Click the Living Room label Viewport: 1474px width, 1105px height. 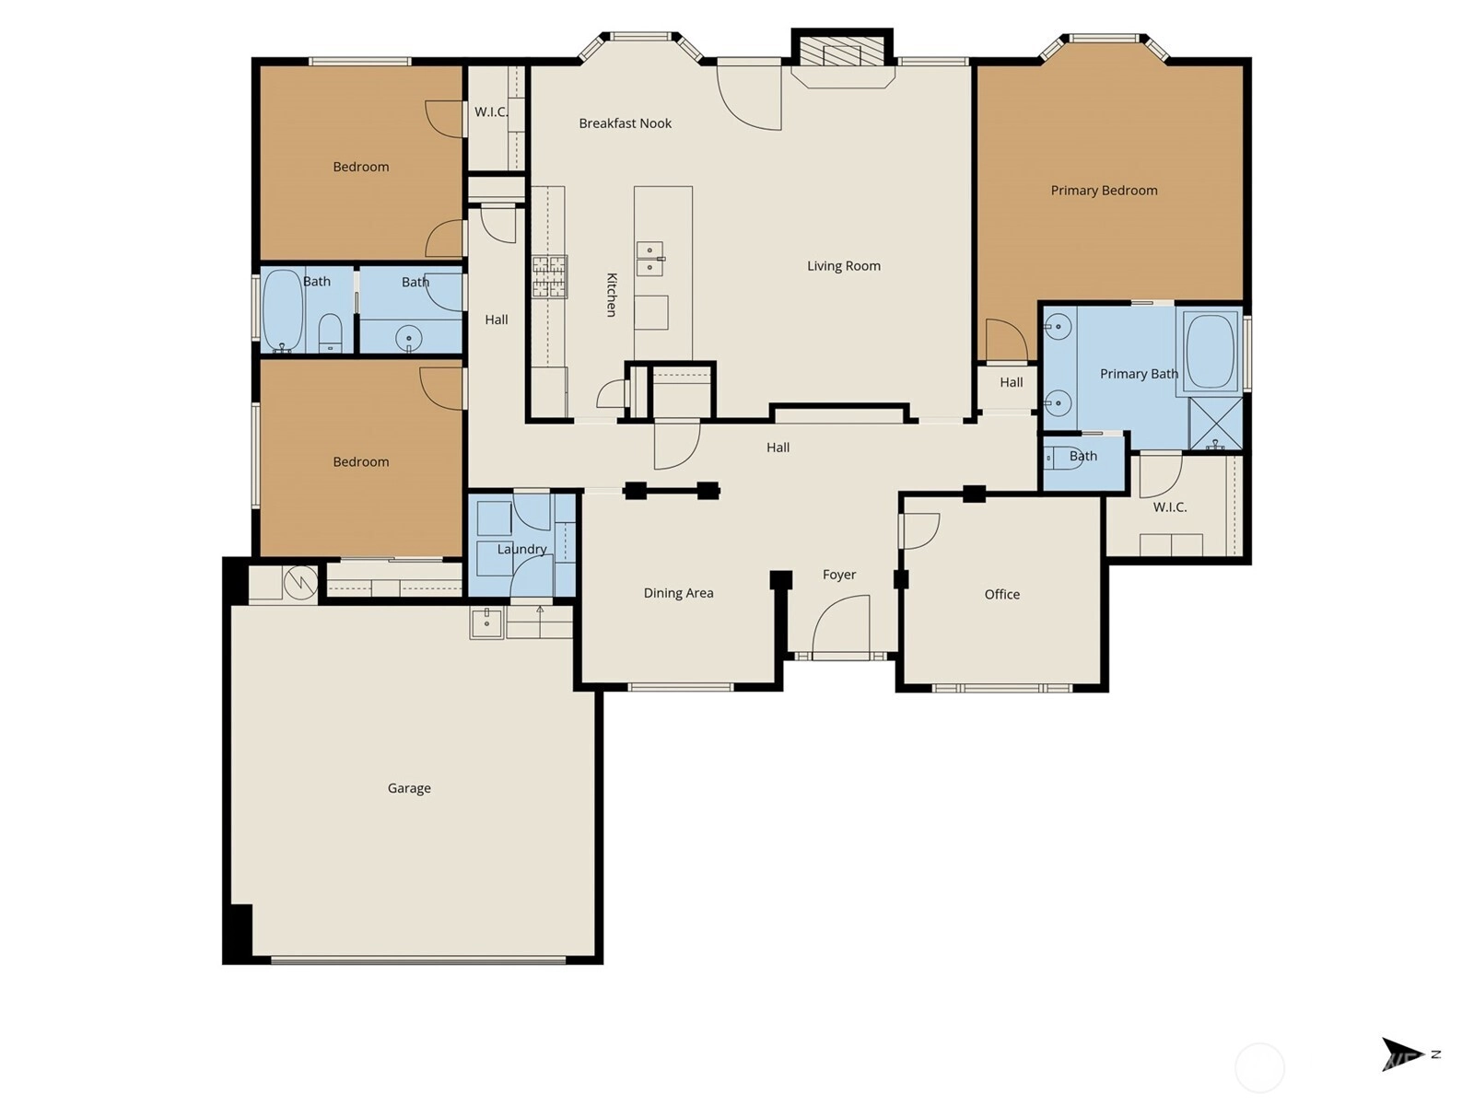click(844, 266)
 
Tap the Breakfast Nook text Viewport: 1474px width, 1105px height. click(626, 123)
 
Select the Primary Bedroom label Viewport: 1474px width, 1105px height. click(1104, 191)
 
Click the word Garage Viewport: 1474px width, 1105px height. click(409, 788)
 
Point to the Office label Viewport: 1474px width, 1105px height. click(1002, 595)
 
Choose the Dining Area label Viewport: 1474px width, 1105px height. click(678, 593)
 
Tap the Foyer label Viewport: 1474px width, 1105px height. click(839, 575)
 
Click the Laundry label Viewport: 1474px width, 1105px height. click(521, 550)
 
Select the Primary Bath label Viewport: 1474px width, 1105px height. click(1139, 374)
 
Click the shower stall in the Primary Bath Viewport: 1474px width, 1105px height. click(1215, 424)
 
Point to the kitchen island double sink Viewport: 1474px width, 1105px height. click(649, 259)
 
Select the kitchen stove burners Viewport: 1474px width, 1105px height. click(550, 276)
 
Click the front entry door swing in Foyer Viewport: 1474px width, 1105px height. click(841, 624)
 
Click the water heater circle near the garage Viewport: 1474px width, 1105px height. click(300, 582)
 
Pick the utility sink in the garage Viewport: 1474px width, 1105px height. click(486, 622)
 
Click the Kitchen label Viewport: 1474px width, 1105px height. click(612, 295)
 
